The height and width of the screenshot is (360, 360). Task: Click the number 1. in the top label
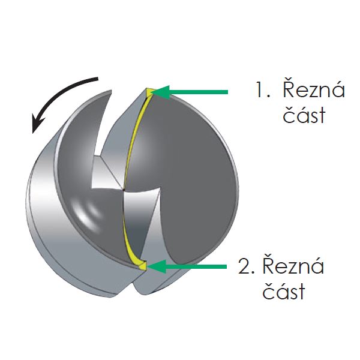[x=262, y=92]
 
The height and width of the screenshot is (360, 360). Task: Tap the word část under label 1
[x=304, y=115]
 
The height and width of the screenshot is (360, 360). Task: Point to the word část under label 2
[x=282, y=292]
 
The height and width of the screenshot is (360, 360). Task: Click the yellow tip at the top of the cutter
[x=149, y=92]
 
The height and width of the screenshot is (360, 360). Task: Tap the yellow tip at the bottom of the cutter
[x=143, y=265]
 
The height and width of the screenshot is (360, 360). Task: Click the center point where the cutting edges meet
[x=124, y=191]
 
